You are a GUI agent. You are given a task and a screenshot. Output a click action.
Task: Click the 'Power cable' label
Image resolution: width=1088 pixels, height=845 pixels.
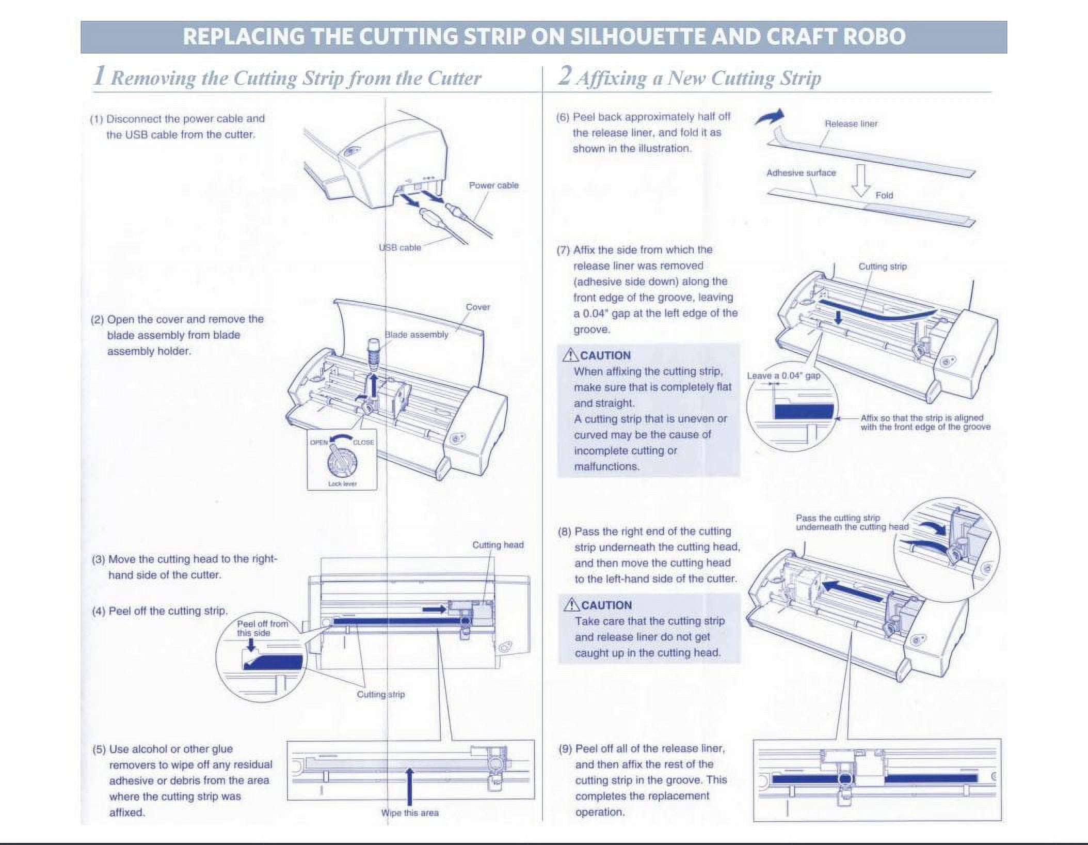click(x=493, y=185)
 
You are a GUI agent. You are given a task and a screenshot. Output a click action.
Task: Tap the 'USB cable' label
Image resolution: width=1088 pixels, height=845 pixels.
click(x=400, y=248)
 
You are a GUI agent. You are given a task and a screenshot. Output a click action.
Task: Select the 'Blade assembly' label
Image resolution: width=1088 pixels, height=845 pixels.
click(x=417, y=335)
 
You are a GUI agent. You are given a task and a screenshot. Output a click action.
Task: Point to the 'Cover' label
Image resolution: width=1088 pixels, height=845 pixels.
click(x=478, y=307)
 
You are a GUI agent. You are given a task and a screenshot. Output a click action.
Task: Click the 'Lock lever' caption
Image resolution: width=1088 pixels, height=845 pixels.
click(x=342, y=484)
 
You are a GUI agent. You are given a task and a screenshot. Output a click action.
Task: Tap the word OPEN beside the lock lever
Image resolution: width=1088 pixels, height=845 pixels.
click(x=319, y=443)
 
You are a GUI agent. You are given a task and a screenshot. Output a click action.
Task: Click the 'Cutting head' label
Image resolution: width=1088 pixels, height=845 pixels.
click(x=498, y=545)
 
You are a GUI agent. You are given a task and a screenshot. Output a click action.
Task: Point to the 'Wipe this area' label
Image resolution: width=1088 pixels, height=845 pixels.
click(x=410, y=813)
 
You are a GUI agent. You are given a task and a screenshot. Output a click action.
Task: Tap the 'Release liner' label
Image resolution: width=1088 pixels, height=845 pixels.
click(x=851, y=124)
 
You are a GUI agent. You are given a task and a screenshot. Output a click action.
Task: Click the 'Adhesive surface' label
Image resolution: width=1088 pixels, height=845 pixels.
click(x=801, y=173)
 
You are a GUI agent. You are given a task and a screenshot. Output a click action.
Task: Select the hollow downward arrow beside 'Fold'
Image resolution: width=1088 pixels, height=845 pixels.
click(x=860, y=181)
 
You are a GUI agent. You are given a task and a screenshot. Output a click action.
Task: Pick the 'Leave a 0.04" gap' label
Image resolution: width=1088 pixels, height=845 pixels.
click(x=783, y=375)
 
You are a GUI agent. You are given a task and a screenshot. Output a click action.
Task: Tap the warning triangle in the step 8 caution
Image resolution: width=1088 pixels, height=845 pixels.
click(x=571, y=604)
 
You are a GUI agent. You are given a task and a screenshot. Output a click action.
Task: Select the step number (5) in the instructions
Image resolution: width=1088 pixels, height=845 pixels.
click(x=99, y=749)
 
